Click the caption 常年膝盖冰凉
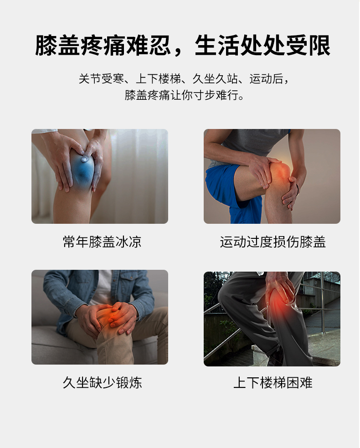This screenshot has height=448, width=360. (x=102, y=242)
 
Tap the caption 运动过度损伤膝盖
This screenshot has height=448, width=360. (x=273, y=242)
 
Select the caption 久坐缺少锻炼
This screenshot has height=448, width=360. (x=102, y=382)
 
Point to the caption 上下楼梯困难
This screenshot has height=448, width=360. (x=273, y=382)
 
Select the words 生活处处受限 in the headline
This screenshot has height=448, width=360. (x=262, y=46)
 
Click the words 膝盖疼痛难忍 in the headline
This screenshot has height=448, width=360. (x=103, y=46)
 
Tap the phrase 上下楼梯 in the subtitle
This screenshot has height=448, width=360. (x=158, y=79)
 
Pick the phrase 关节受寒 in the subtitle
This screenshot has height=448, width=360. (x=101, y=79)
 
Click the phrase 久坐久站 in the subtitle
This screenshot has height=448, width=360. (x=215, y=79)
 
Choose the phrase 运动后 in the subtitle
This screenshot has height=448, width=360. (x=266, y=79)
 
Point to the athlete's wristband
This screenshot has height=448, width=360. (x=298, y=189)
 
